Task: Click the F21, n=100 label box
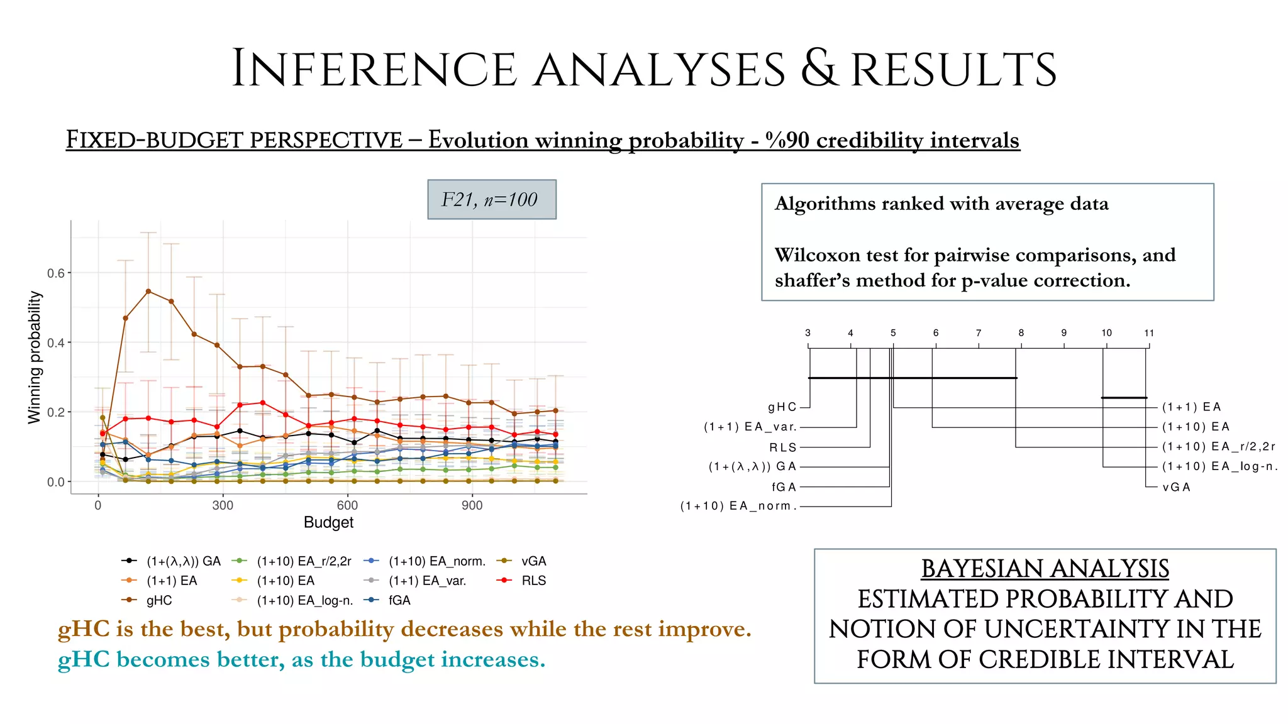point(491,200)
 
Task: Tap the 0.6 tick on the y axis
point(55,273)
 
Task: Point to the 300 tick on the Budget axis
point(223,505)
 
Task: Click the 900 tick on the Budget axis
point(472,505)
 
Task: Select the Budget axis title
point(328,522)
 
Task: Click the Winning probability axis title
point(35,357)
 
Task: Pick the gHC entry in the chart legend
point(158,600)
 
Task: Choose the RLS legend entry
point(533,581)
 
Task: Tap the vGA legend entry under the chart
point(533,561)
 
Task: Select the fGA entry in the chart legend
point(399,600)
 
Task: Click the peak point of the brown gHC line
point(148,291)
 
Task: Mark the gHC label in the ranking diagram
point(782,407)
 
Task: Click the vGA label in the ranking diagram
point(1176,487)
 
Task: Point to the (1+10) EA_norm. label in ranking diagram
point(738,506)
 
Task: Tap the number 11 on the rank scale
point(1149,333)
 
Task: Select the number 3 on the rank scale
point(808,333)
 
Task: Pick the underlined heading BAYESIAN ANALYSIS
point(1045,569)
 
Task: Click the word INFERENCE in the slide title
point(374,69)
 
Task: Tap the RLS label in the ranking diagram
point(783,447)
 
